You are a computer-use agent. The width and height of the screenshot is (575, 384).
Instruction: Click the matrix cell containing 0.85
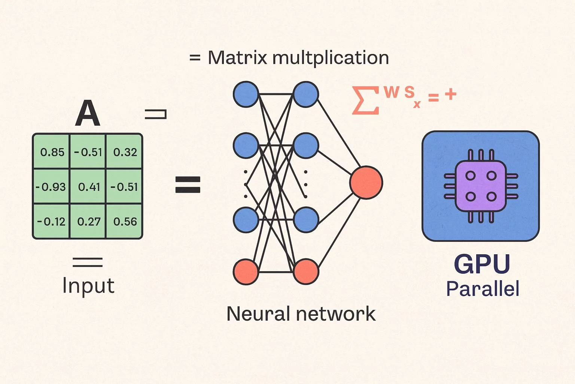pos(52,152)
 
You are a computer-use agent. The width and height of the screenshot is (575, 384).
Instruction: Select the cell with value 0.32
pos(125,152)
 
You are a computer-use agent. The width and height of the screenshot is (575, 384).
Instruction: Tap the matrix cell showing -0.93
pos(51,187)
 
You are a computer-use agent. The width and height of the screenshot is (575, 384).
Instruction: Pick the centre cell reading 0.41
pos(89,187)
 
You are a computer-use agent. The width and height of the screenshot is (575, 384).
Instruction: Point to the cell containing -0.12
pos(51,222)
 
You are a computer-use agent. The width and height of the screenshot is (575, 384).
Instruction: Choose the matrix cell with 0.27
pos(89,222)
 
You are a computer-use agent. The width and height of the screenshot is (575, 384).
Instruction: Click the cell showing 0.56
pos(125,222)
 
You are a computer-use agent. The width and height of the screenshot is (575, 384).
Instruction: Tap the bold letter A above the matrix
pos(88,114)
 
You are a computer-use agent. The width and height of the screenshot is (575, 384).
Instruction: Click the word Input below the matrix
pos(88,286)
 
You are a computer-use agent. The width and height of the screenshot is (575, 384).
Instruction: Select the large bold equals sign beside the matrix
pos(188,185)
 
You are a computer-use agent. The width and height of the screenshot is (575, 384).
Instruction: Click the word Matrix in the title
pos(237,58)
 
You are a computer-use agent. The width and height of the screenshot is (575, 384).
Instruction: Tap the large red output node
pos(366,182)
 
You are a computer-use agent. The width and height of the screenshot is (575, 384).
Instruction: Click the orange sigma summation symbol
pos(365,100)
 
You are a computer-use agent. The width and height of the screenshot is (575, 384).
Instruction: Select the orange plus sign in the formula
pos(451,94)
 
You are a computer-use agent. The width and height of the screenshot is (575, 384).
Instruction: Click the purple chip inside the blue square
pos(481,186)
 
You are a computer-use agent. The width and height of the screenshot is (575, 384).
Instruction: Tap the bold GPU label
pos(482,264)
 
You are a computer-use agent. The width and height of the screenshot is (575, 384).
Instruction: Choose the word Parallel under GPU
pos(483,289)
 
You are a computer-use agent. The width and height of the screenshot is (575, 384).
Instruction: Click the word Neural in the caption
pos(258,313)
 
